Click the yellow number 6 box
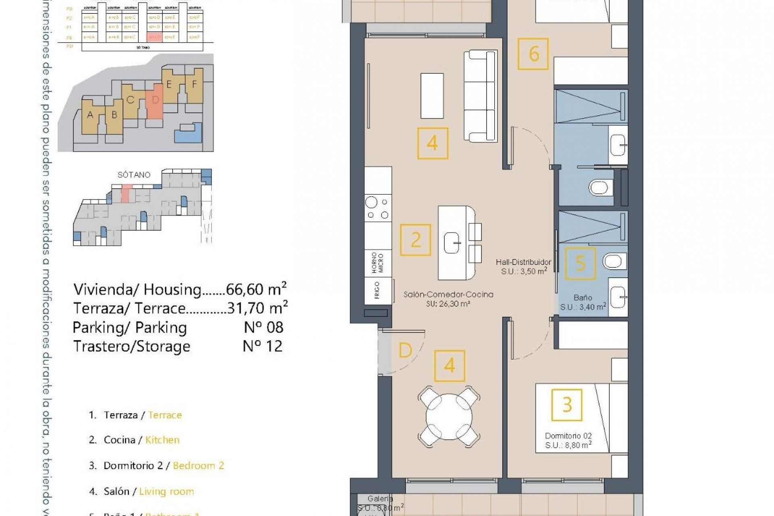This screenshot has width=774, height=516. (533, 54)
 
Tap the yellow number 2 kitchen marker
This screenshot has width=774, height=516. (416, 240)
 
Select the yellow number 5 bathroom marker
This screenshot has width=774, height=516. (580, 263)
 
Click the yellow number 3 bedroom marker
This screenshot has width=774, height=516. (567, 405)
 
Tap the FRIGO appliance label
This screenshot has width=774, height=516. (378, 290)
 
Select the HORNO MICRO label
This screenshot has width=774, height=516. (378, 263)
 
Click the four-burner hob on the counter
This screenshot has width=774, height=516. (378, 208)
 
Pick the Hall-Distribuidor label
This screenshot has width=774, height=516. (523, 262)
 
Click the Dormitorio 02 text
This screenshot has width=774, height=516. (568, 436)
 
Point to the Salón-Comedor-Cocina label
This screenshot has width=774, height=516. (448, 295)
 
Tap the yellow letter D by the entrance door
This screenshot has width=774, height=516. (405, 351)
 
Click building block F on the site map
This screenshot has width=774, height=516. (194, 85)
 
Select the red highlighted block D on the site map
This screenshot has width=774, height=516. (155, 101)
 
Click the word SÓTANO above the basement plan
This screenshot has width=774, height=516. (134, 175)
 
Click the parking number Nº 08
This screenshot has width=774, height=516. (264, 327)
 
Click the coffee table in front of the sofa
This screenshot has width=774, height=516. (432, 96)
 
